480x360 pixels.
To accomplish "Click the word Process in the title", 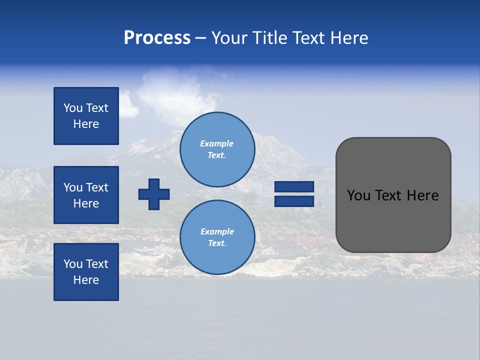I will tap(157, 38).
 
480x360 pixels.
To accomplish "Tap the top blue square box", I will tap(86, 116).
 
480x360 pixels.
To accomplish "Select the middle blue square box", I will tap(86, 195).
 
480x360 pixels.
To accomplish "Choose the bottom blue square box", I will tap(86, 272).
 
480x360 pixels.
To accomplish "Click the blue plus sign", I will tap(154, 194).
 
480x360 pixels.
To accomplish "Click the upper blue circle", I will tap(217, 149).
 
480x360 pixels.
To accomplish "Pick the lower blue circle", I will tap(217, 237).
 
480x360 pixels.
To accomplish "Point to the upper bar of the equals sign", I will tap(294, 186).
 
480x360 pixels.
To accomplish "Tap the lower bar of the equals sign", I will tap(294, 201).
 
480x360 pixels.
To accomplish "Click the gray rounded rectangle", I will tap(393, 220).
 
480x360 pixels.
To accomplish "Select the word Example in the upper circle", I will tap(216, 143).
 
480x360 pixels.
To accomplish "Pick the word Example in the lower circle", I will tap(217, 231).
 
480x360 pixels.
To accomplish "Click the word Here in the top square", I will tap(86, 124).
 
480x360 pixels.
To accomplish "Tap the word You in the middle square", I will tap(73, 187).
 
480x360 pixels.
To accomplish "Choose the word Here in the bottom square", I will tap(86, 280).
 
